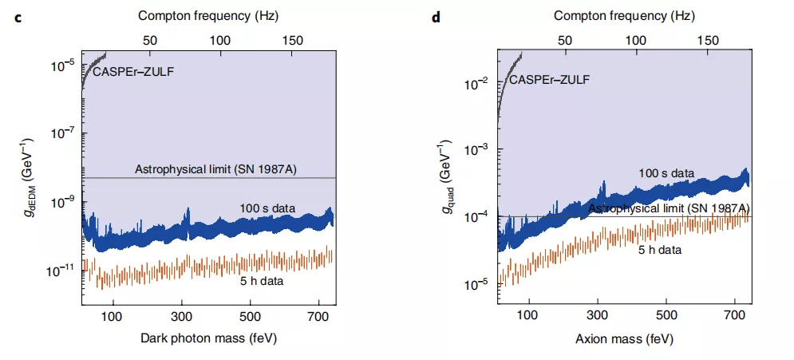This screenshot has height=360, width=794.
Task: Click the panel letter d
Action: coord(436,17)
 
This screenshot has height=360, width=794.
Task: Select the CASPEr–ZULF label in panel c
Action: coord(133,72)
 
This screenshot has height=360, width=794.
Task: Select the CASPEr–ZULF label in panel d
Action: coord(550,79)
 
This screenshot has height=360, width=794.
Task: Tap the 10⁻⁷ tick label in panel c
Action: coord(62,133)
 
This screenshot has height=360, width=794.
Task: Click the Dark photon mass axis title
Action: coord(209,338)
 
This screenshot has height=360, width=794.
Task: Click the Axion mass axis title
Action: coord(624,338)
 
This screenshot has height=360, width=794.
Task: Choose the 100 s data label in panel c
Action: coord(267,208)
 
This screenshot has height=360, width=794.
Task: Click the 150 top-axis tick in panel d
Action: coord(708,39)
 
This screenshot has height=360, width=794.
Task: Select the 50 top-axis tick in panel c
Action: coord(148,39)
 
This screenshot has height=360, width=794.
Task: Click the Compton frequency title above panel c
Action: coord(209,15)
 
